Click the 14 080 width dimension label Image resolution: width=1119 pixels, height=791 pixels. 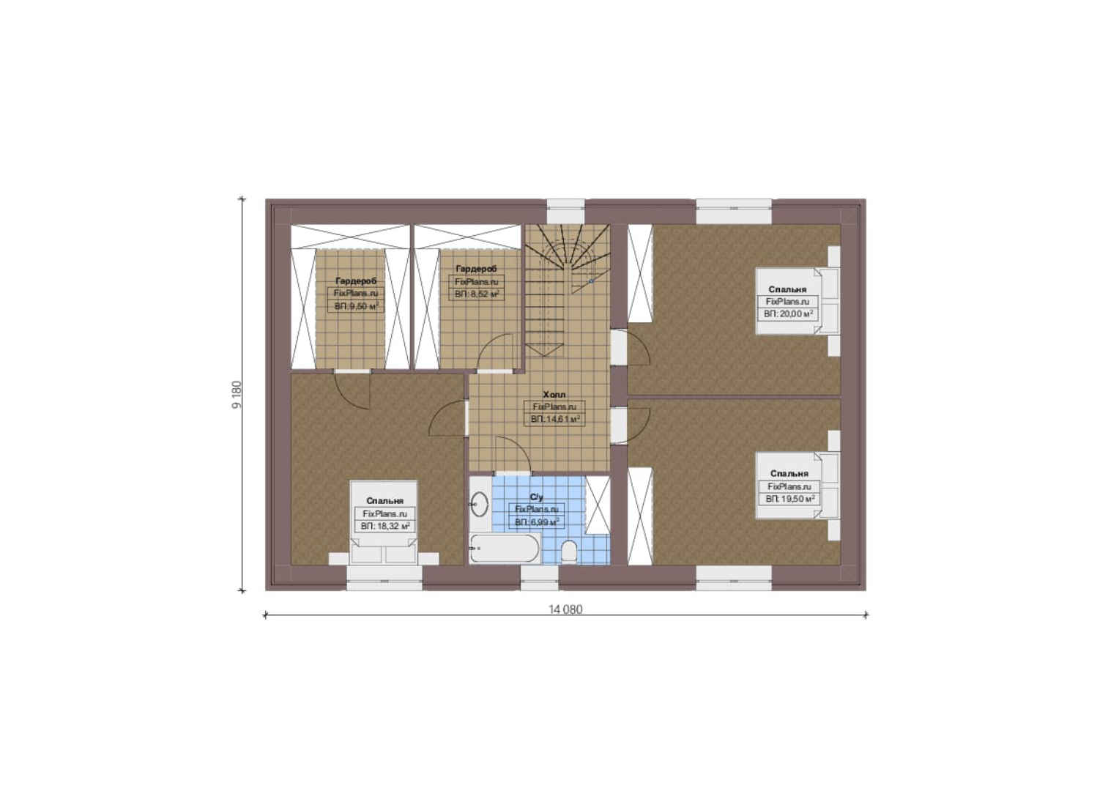[565, 609]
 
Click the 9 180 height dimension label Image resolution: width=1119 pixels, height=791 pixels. [237, 395]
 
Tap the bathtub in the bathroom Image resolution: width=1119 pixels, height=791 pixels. [505, 548]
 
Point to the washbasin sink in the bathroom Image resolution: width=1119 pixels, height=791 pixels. [480, 504]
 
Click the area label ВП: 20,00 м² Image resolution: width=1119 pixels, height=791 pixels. [788, 313]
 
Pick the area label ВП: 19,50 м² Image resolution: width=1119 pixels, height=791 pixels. [789, 499]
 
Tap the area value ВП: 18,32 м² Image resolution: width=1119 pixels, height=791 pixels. [385, 526]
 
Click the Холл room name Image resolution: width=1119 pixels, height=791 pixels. [554, 395]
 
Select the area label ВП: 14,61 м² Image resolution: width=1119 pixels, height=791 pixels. [555, 419]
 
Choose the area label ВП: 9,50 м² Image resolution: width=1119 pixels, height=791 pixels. [356, 306]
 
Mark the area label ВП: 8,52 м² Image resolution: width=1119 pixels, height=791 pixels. [477, 294]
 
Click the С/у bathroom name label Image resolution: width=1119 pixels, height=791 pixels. [537, 497]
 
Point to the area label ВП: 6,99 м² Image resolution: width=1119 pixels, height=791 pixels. [537, 522]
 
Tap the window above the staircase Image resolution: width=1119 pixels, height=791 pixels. [565, 212]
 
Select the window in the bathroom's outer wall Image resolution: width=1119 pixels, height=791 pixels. [540, 578]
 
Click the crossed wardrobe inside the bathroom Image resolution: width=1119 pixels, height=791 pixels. [598, 505]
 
